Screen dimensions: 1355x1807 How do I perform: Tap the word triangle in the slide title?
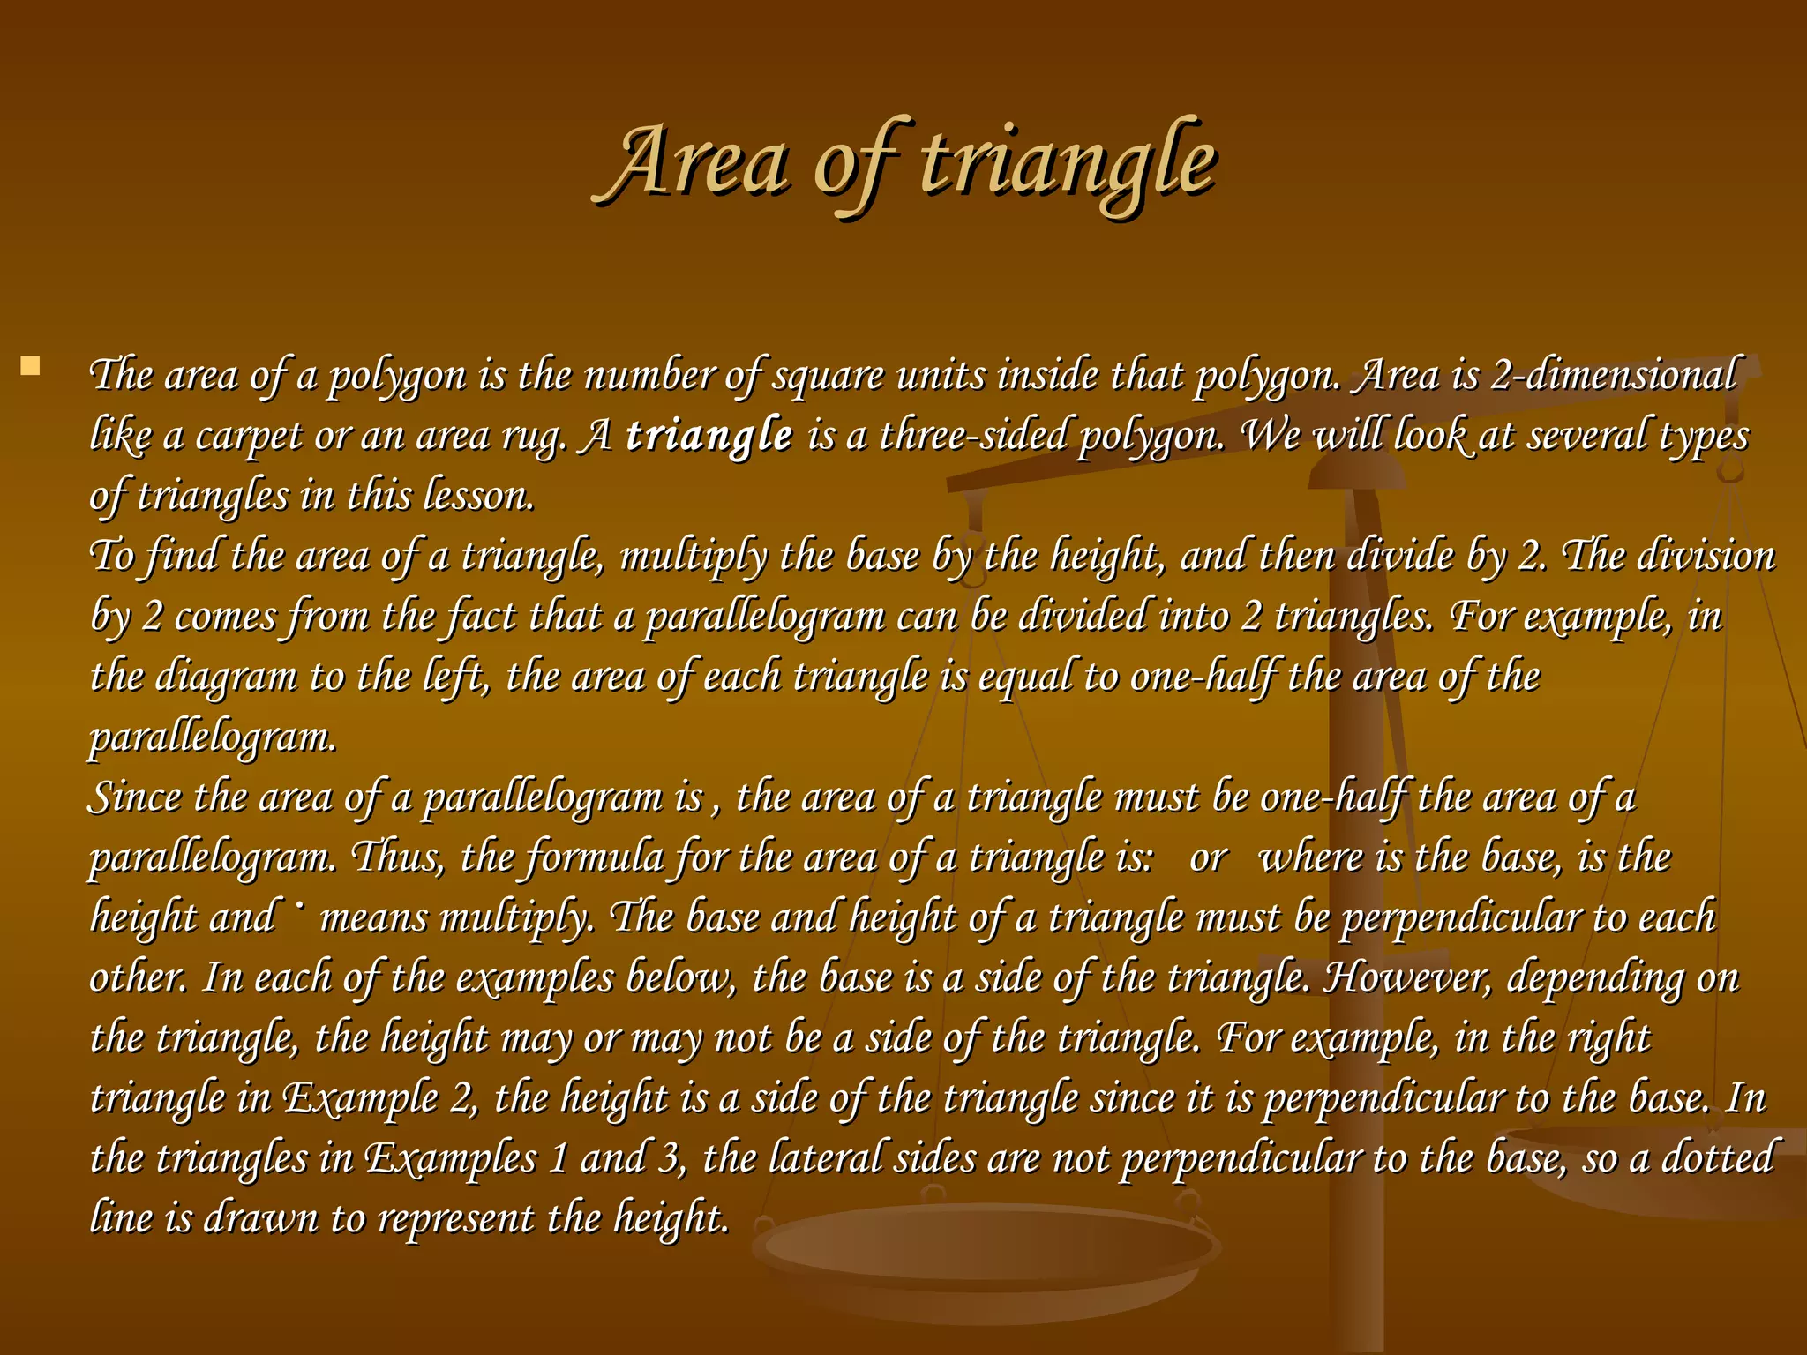click(1068, 164)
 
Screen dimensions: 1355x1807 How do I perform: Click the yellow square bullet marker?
click(31, 366)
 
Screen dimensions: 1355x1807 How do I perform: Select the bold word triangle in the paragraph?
click(709, 436)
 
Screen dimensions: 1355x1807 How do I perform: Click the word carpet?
click(249, 437)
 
